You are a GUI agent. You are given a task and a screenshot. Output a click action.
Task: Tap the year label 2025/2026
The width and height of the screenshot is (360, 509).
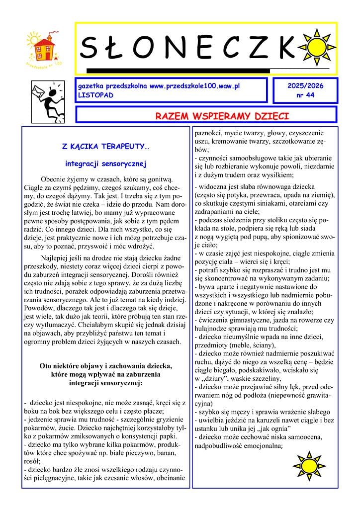click(305, 86)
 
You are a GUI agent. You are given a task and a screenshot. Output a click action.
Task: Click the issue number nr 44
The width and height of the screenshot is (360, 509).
click(305, 94)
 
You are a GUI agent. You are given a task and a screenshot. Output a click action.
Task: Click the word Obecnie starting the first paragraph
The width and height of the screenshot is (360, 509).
click(54, 179)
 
